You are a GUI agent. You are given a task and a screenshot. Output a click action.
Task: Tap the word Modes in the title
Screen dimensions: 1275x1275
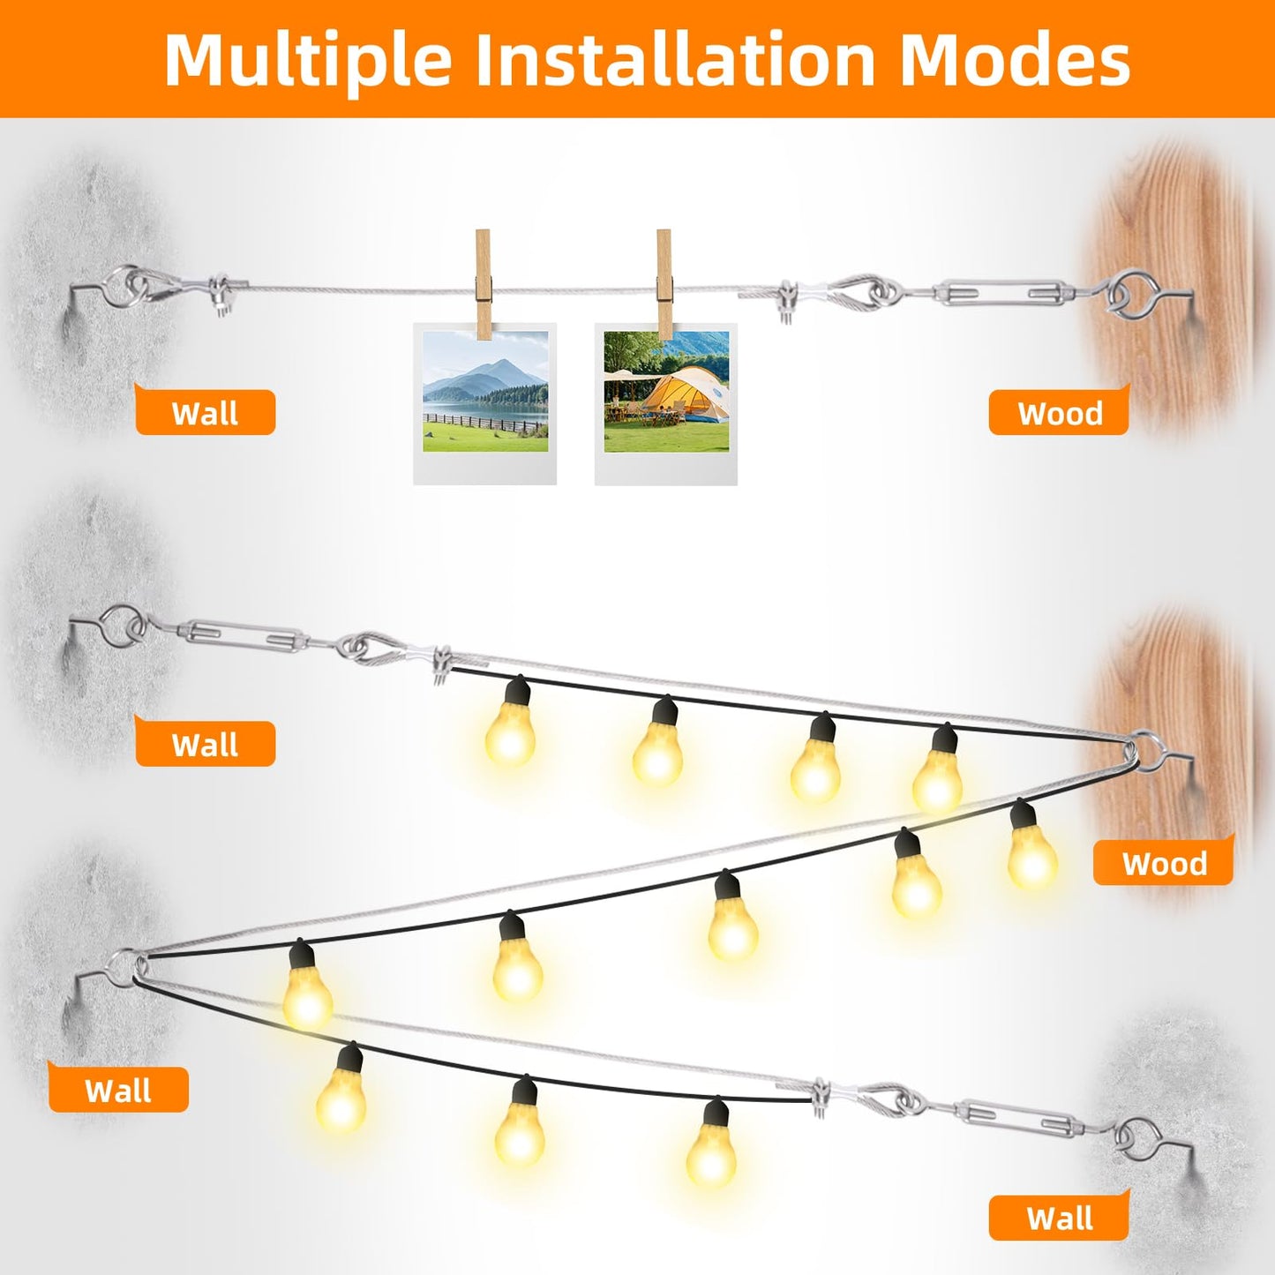pos(1015,59)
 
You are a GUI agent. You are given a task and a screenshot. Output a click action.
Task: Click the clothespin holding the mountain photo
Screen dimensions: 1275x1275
pos(484,284)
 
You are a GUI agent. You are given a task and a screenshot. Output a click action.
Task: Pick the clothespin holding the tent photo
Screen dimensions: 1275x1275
pos(664,284)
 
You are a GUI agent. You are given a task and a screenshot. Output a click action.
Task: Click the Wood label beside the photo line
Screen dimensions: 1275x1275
pos(1060,414)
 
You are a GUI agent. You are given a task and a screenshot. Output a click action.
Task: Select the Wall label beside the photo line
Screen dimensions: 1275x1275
pos(205,414)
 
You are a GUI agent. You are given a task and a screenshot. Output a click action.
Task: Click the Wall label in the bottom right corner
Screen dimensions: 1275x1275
pos(1060,1219)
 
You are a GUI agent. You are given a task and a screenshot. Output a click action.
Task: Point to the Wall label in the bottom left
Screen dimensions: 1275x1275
pos(118,1091)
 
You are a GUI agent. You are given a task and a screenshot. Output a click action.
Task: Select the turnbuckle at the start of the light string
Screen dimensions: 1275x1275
pos(244,634)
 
